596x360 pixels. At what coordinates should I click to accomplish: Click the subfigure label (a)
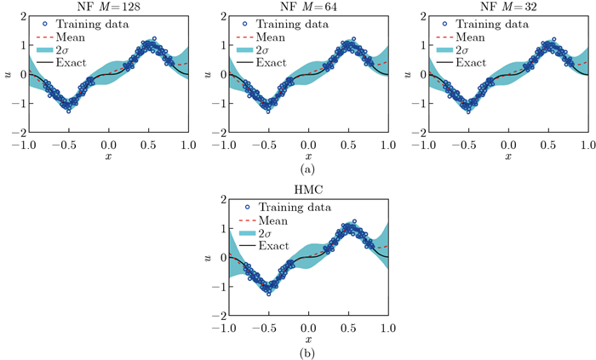pyautogui.click(x=307, y=169)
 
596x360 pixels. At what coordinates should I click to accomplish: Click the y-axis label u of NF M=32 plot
pyautogui.click(x=407, y=75)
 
